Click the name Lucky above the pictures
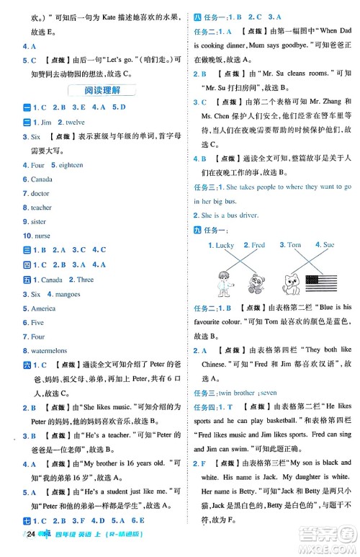pos(223,246)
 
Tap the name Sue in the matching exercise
pos(328,246)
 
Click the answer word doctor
pos(40,193)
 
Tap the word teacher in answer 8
pos(42,208)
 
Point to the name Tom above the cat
pos(294,246)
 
